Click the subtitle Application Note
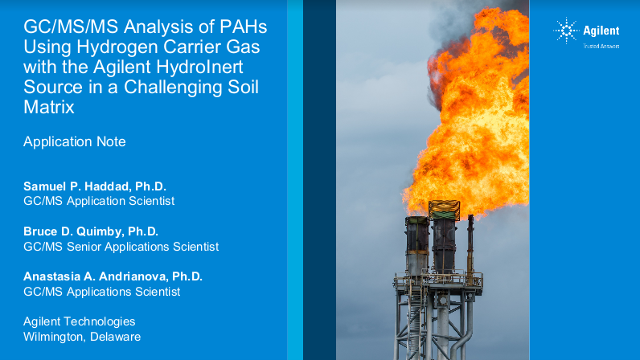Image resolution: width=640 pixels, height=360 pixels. point(75,141)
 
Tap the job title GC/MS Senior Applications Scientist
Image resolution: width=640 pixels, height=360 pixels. point(121,247)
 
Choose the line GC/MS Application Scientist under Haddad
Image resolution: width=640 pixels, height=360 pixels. point(99,201)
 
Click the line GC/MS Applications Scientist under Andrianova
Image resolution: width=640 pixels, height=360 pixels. point(101,292)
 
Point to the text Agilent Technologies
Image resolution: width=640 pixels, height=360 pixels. point(79,321)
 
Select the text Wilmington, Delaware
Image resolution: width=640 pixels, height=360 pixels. point(82,337)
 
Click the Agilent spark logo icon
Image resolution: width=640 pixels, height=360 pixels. point(566,31)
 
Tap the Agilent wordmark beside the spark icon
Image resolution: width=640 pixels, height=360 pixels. point(601,31)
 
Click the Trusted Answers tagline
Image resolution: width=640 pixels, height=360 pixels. point(601,46)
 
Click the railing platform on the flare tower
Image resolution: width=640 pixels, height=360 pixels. point(438,280)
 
